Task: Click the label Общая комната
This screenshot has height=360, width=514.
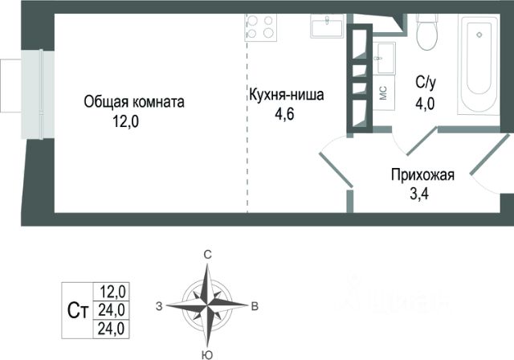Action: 135,102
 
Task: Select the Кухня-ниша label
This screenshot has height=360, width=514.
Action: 286,96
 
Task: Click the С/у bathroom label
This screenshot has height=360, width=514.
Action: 426,81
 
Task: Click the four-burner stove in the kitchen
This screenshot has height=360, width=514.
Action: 260,28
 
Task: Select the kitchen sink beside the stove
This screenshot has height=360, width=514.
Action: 327,27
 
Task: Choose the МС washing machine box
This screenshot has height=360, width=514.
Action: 384,92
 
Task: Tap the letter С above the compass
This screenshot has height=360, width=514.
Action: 207,254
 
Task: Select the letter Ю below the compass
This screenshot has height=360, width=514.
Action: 207,354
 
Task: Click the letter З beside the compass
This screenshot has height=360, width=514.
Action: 160,305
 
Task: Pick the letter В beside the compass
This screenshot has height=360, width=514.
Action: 254,305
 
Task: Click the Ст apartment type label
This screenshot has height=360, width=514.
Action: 79,307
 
